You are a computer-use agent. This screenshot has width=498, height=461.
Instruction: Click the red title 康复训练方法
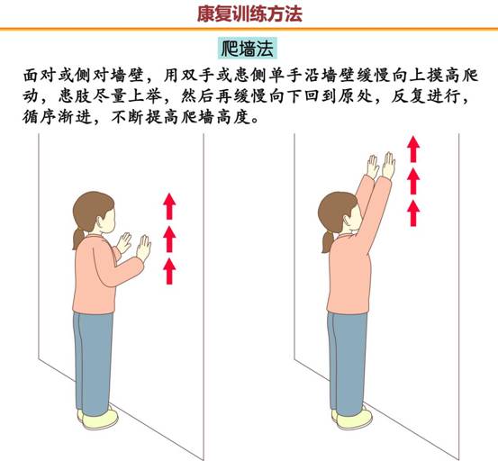click(x=249, y=14)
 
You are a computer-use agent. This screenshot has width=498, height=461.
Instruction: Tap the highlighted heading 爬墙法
click(x=248, y=49)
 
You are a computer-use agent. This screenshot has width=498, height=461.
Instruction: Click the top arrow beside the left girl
click(x=169, y=206)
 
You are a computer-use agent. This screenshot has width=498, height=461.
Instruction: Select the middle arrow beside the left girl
click(x=169, y=239)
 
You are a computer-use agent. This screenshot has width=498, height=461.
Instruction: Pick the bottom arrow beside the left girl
click(x=169, y=271)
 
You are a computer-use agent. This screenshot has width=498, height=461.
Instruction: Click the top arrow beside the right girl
click(x=413, y=149)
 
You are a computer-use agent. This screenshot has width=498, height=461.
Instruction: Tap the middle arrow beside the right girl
click(x=413, y=181)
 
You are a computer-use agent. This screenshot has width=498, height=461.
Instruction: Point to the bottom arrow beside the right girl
click(x=413, y=213)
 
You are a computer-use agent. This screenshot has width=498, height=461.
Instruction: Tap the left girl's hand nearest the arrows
click(x=143, y=248)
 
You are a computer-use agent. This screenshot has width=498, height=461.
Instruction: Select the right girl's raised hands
click(x=381, y=166)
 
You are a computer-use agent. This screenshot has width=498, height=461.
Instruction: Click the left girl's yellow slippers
click(x=98, y=418)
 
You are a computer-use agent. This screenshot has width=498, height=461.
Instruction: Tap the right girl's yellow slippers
click(x=352, y=417)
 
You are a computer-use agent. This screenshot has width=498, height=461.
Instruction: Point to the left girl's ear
click(x=101, y=221)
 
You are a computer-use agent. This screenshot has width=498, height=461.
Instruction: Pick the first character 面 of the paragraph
click(x=32, y=76)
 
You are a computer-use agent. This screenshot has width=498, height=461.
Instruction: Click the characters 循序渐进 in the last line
click(x=57, y=117)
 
